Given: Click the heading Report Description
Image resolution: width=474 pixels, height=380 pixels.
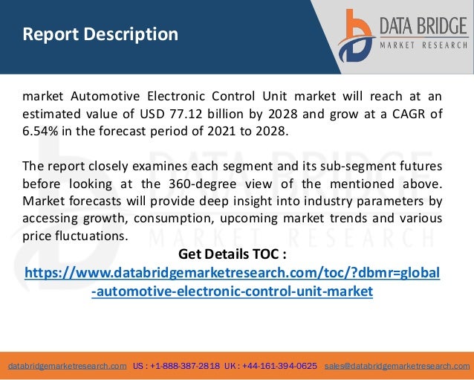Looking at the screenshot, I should click(100, 34).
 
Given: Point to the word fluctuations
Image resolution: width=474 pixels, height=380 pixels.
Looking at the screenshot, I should click(90, 236).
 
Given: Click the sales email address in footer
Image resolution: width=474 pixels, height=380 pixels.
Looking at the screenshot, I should click(397, 367).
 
